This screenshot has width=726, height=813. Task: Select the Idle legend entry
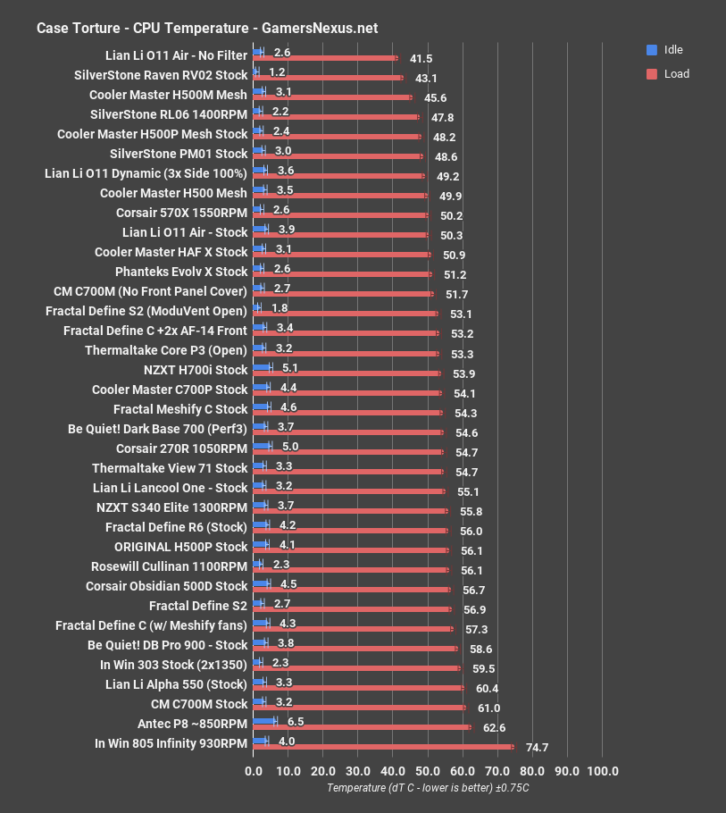(x=673, y=50)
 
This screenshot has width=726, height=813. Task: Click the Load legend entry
(x=676, y=74)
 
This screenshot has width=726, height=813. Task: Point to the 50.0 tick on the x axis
(x=428, y=771)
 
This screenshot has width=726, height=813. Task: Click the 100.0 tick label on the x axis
(x=602, y=771)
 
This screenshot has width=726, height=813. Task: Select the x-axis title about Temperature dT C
(x=428, y=788)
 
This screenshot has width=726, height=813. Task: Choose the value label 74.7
(x=537, y=748)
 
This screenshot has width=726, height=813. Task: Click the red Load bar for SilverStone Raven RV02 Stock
(x=329, y=78)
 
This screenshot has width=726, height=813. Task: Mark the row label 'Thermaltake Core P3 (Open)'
(x=166, y=350)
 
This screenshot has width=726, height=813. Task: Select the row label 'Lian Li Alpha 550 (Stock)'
(x=176, y=683)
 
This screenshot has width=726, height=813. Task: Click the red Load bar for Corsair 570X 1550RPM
(x=341, y=215)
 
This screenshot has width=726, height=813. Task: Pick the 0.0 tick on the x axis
(x=254, y=771)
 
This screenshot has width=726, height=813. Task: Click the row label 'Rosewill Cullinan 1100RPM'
(x=169, y=566)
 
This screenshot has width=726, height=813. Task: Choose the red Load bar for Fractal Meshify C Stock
(x=348, y=412)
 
